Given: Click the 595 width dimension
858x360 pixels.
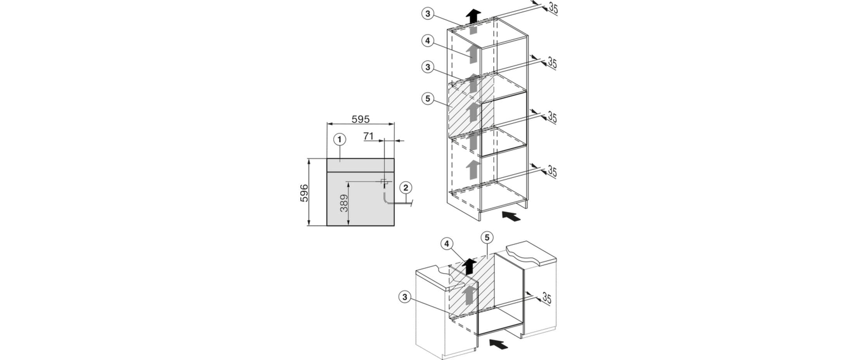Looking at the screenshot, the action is pyautogui.click(x=361, y=119).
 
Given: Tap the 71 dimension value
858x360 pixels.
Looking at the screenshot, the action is pyautogui.click(x=369, y=136).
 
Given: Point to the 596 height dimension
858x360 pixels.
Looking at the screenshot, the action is pyautogui.click(x=304, y=193).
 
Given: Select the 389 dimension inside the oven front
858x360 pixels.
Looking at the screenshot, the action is pyautogui.click(x=344, y=203).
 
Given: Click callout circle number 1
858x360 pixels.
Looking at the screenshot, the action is pyautogui.click(x=340, y=139).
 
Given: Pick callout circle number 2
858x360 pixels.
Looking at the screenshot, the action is pyautogui.click(x=406, y=188).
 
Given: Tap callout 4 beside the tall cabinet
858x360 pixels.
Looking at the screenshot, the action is pyautogui.click(x=427, y=41).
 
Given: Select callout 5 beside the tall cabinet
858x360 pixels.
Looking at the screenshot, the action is pyautogui.click(x=427, y=99).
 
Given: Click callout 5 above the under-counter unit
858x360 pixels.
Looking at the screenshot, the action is pyautogui.click(x=487, y=237).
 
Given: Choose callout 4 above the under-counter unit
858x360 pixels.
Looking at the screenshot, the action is pyautogui.click(x=447, y=244).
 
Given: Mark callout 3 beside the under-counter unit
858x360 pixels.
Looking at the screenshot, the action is pyautogui.click(x=405, y=297).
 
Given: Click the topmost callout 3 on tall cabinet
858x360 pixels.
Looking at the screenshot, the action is pyautogui.click(x=427, y=14).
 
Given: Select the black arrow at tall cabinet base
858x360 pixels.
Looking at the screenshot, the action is pyautogui.click(x=511, y=216).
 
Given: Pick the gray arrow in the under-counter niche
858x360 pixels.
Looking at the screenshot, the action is pyautogui.click(x=469, y=295).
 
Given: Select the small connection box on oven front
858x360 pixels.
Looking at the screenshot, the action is pyautogui.click(x=384, y=181).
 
